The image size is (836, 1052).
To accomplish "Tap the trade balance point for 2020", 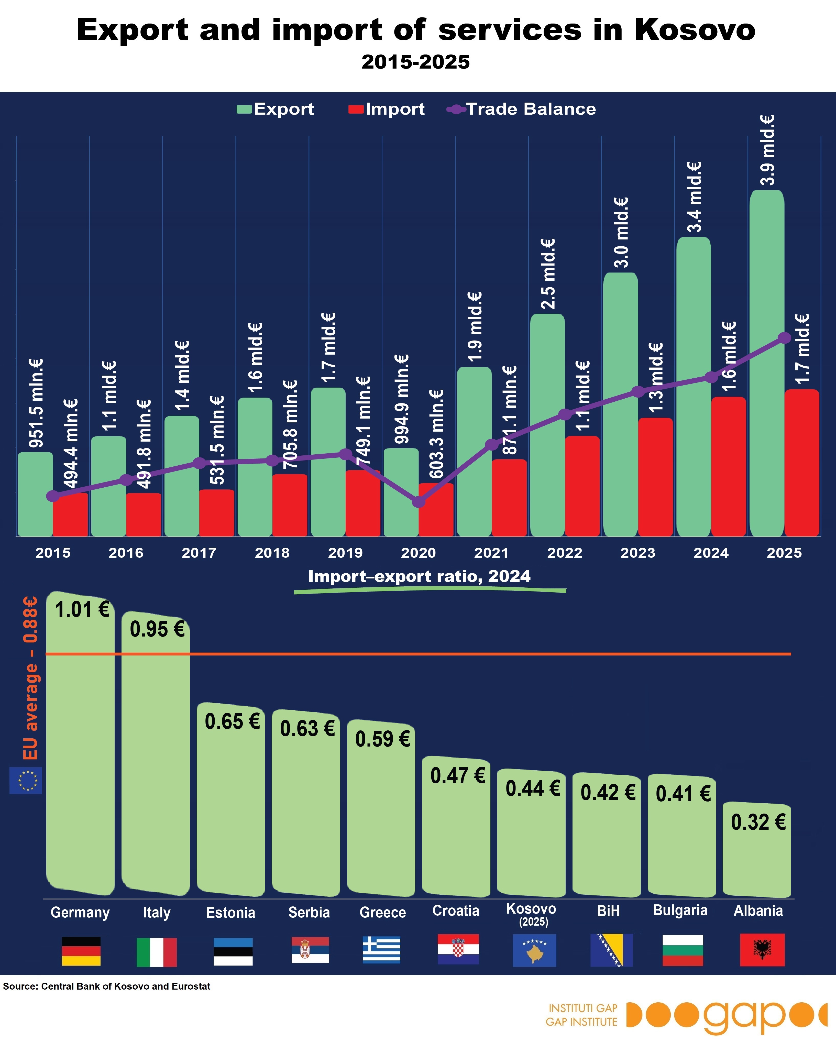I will pos(419,502).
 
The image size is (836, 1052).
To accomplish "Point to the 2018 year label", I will pos(272,553).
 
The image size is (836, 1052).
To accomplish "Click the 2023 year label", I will pos(638,553).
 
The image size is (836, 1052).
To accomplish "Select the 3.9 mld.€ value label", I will pos(768,150).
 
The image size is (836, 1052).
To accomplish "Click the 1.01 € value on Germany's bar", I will pos(82,610).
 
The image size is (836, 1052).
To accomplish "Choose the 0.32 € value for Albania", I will pos(758,822).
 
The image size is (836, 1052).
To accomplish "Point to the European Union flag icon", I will pos(26,781).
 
